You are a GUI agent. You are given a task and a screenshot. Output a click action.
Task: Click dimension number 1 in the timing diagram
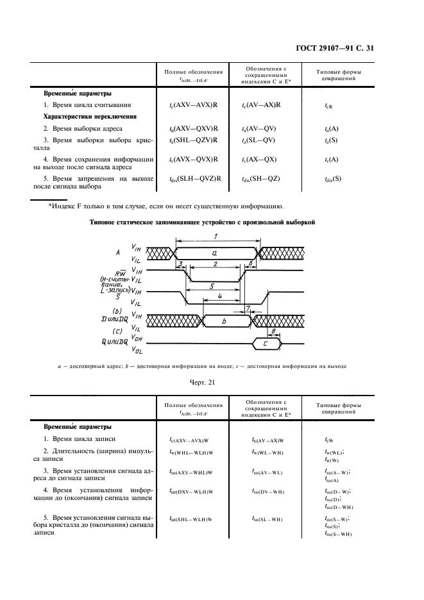click(x=216, y=237)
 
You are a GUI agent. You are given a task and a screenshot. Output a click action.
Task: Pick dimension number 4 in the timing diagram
click(x=220, y=296)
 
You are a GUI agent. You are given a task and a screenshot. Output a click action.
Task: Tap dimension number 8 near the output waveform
click(x=275, y=330)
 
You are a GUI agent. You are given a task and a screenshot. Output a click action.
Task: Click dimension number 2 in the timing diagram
click(x=215, y=264)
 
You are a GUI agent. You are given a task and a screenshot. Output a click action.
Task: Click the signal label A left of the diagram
click(x=118, y=253)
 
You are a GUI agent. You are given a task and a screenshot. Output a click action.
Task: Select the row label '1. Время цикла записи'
click(x=81, y=440)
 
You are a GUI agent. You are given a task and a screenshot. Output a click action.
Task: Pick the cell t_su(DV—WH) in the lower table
click(x=268, y=492)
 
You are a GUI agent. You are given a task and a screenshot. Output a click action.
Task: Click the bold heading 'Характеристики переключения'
click(x=90, y=117)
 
